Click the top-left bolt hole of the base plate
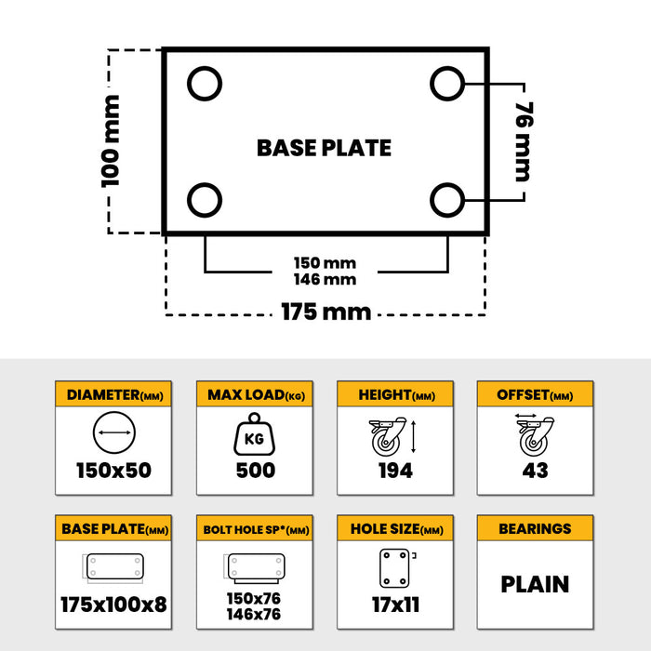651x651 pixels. pos(205,85)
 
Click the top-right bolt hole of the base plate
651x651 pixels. pos(447,85)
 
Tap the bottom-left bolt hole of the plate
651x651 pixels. pos(205,199)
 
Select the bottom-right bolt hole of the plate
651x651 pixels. pos(447,199)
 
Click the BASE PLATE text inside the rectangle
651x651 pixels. pos(324,148)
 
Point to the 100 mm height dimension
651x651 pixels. pos(111,140)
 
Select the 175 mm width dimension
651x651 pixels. pos(325,312)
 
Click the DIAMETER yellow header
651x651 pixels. pos(113,395)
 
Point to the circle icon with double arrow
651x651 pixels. pos(114,434)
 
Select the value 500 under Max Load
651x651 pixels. pos(255,471)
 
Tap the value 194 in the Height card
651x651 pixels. pos(394,471)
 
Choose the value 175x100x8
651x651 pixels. pos(113,605)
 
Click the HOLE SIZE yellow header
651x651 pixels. pos(394,529)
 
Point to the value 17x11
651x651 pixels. pos(394,605)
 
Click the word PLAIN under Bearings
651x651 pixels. pos(534,584)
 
